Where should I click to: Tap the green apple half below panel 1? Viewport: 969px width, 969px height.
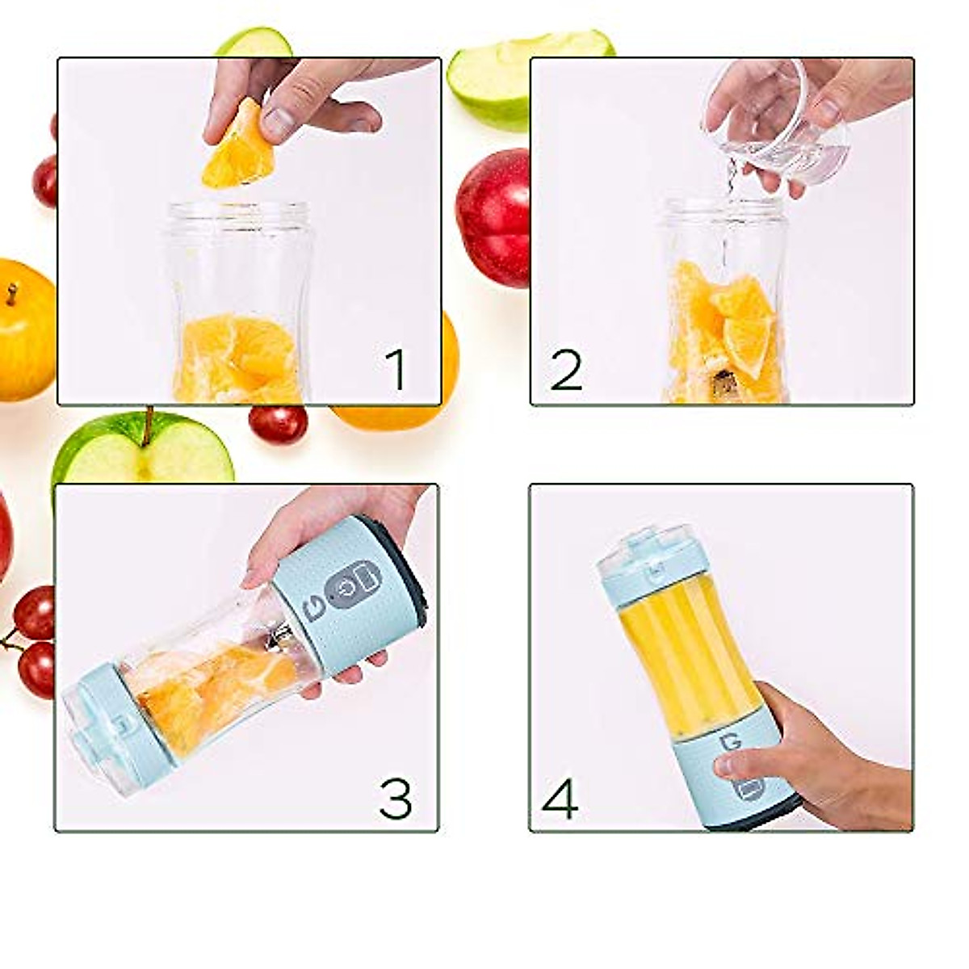click(x=142, y=449)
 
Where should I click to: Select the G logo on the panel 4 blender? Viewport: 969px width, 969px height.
click(x=733, y=742)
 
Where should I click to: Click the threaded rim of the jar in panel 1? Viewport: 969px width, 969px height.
click(x=237, y=215)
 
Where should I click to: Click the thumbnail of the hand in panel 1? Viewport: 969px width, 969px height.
click(x=279, y=122)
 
